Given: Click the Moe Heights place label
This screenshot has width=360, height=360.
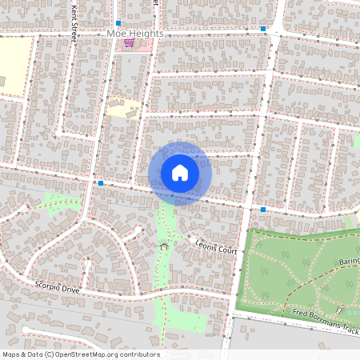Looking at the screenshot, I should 135,34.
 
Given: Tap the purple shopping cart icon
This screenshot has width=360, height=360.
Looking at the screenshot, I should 129,43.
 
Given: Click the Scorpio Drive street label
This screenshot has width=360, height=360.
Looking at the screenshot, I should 58,286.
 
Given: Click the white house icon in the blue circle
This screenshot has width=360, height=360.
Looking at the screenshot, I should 180,173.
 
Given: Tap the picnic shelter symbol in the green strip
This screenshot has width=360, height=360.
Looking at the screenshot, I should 164,244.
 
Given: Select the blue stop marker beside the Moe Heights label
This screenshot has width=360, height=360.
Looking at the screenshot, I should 118,23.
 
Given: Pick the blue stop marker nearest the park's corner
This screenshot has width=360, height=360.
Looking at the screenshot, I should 263,210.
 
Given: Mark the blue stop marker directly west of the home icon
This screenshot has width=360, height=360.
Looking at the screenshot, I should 102,183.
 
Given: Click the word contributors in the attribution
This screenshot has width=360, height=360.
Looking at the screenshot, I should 140,354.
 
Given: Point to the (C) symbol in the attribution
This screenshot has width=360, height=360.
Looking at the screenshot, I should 50,354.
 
